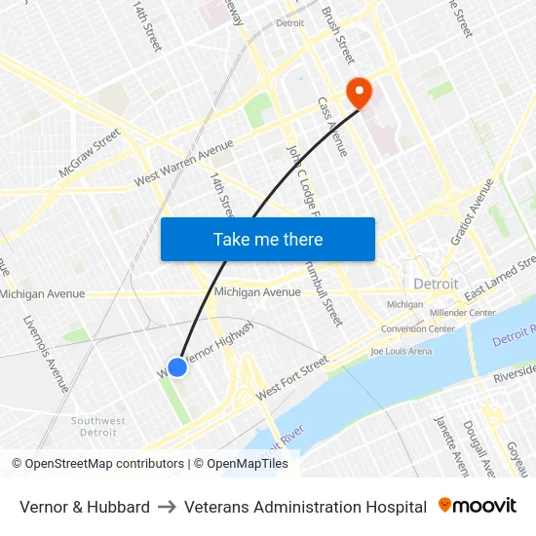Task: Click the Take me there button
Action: [268, 239]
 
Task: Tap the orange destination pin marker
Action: [360, 92]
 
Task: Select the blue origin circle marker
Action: [177, 366]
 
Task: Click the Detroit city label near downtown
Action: [436, 284]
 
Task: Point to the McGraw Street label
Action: [89, 153]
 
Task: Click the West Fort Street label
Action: [292, 379]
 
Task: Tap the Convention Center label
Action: [417, 329]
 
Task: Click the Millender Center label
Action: [462, 313]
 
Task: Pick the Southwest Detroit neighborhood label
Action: [97, 426]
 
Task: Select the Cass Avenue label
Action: [331, 126]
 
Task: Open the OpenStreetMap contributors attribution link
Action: [97, 464]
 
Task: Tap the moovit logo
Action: [478, 506]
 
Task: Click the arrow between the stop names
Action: [167, 507]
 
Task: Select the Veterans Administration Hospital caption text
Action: [305, 507]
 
